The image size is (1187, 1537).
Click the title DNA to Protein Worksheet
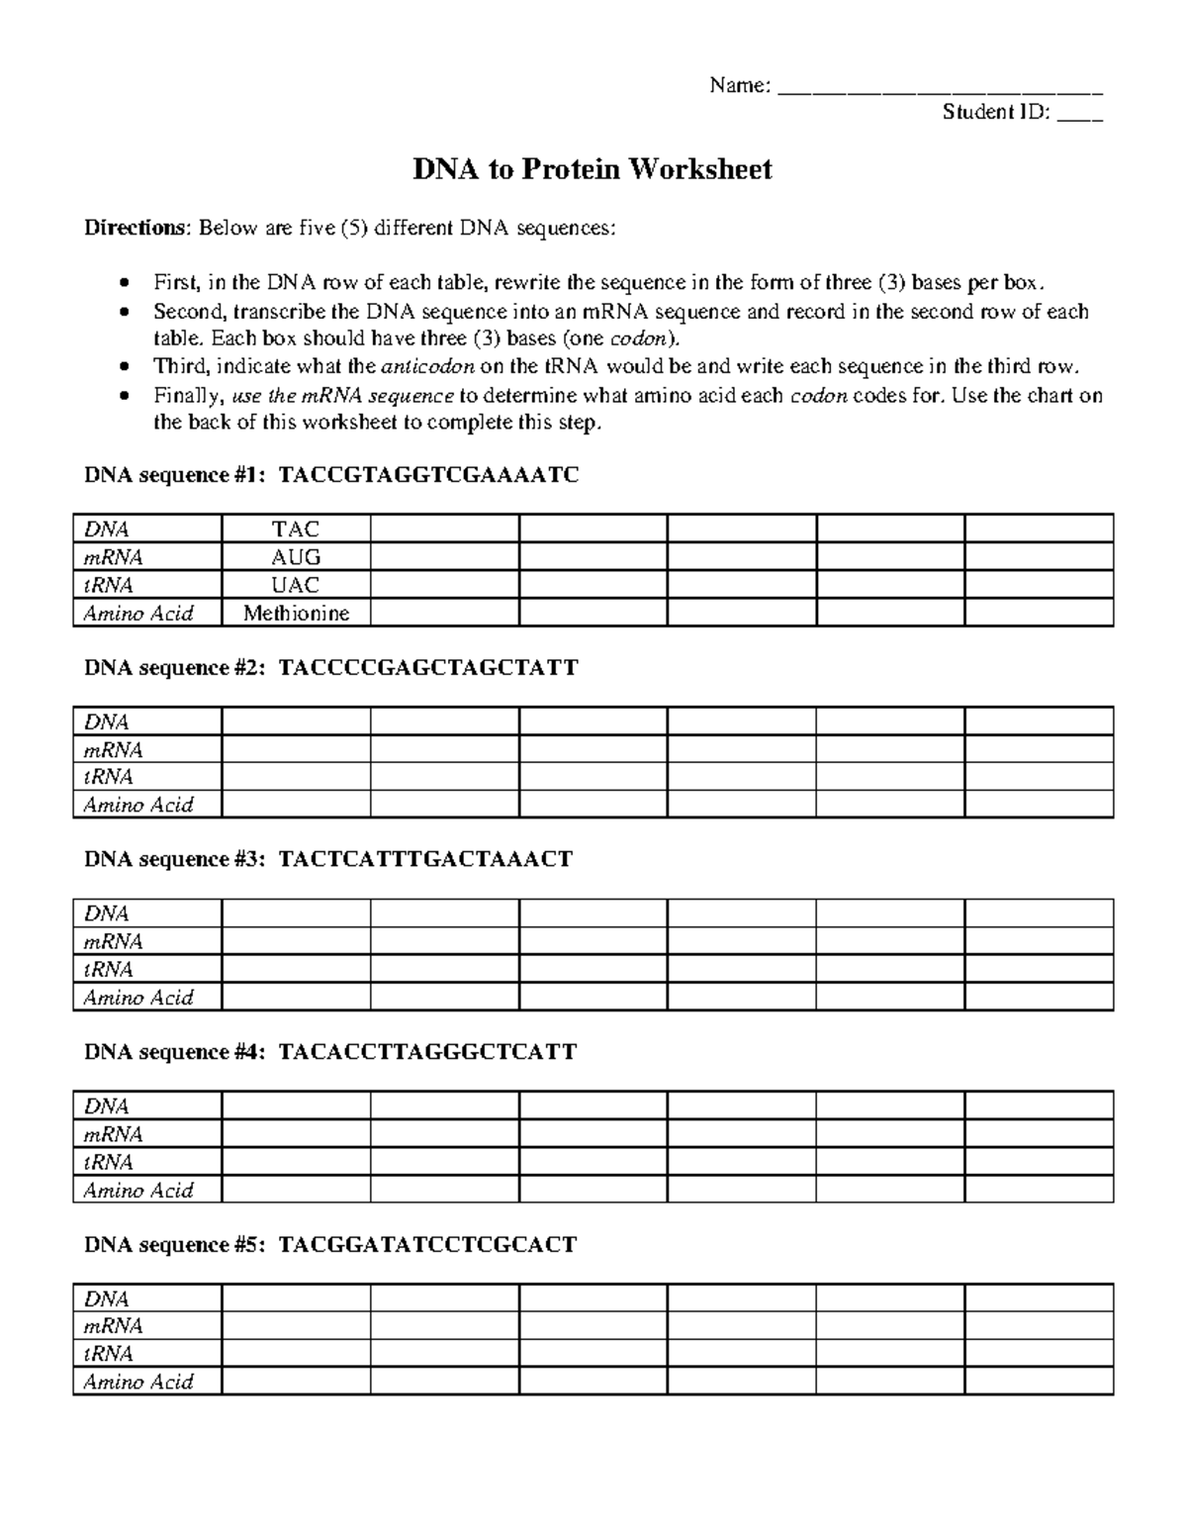coord(592,170)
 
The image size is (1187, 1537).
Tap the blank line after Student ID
coord(1080,115)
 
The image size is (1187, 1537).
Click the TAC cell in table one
coord(296,529)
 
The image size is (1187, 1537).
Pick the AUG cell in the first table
coord(296,557)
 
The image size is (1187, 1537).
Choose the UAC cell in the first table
coord(296,585)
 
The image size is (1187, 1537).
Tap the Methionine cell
coord(296,614)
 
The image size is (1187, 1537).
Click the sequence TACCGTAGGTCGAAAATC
coord(428,476)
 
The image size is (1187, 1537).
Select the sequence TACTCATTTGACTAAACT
coord(425,859)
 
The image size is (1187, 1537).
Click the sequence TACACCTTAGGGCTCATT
coord(427,1052)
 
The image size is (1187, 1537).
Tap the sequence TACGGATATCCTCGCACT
coord(427,1245)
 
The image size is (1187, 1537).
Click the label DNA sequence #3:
coord(175,859)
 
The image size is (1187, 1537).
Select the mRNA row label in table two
coord(113,750)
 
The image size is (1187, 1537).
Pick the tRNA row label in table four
coord(109,1163)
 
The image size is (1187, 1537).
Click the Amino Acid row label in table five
coord(138,1383)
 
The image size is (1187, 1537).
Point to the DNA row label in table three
coord(107,914)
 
